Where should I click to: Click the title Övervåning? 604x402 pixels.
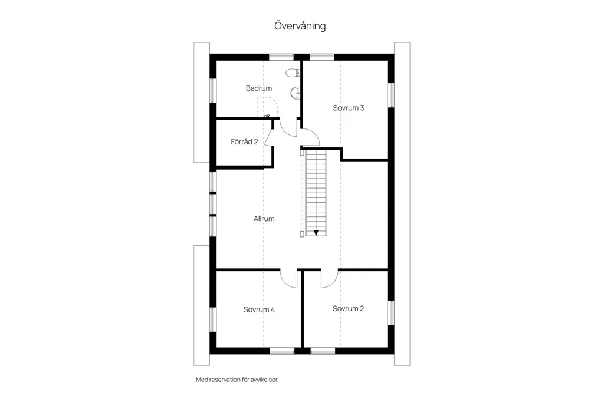(300, 26)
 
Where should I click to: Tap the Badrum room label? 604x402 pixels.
(259, 88)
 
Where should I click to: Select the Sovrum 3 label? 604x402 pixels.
(349, 108)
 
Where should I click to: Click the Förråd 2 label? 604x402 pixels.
(244, 141)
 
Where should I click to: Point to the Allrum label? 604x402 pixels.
(264, 218)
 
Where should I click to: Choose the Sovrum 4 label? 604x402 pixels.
(260, 309)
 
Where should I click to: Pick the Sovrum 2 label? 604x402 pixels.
(348, 308)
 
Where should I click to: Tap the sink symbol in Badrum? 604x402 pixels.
(296, 93)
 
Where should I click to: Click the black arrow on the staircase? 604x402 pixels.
(316, 233)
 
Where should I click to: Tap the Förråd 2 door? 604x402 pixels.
(268, 138)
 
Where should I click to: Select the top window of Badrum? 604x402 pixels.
(281, 57)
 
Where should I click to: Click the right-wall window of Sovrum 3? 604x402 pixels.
(391, 95)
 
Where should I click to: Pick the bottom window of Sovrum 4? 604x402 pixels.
(282, 351)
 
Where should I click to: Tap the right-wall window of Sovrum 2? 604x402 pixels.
(391, 312)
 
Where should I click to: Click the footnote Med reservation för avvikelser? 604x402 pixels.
(237, 380)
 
